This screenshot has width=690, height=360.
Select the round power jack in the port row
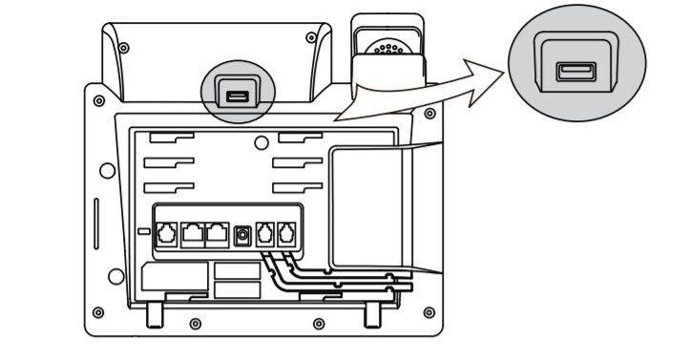click(x=242, y=232)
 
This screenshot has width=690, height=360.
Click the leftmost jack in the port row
click(x=166, y=232)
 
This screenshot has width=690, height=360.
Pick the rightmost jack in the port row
click(x=285, y=232)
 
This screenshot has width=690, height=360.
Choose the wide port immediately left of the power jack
click(x=218, y=232)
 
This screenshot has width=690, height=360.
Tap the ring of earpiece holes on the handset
click(x=387, y=47)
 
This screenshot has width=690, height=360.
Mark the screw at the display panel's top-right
click(x=311, y=38)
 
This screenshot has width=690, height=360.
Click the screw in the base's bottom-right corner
click(x=429, y=311)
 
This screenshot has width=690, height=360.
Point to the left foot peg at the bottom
click(x=156, y=314)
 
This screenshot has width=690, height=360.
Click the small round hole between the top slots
click(x=262, y=144)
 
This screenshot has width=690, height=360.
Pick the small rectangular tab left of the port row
click(x=143, y=232)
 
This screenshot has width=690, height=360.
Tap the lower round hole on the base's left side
click(x=115, y=277)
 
